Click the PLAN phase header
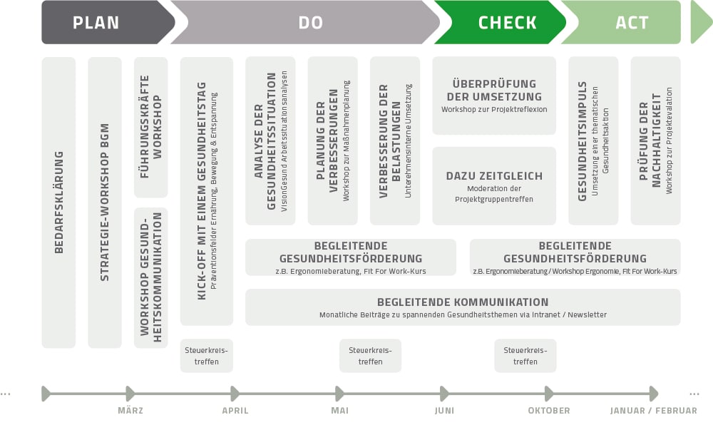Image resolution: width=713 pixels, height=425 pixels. point(96,22)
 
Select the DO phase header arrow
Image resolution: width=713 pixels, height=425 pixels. point(310,22)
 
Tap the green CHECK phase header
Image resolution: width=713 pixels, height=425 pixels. point(507,22)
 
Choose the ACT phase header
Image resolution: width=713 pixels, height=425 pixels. point(631,22)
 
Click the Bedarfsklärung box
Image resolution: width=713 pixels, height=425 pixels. point(58,203)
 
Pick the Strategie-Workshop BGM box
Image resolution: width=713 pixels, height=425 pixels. point(105,203)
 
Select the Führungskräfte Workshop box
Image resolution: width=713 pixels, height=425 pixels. point(150,127)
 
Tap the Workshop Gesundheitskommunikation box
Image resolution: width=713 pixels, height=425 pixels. point(150,277)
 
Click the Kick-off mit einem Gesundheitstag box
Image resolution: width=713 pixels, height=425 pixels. point(206,191)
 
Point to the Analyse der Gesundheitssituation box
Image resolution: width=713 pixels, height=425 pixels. point(270,140)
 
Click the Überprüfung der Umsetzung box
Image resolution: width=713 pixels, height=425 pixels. point(494,96)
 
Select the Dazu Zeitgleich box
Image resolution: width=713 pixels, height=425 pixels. point(494,185)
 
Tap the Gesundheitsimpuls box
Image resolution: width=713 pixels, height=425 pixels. point(593,140)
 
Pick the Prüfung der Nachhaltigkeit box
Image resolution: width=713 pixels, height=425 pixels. point(655,140)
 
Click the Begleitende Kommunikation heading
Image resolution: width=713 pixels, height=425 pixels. point(463,302)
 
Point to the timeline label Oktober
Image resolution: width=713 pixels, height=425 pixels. point(548,411)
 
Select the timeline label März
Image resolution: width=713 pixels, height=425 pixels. point(130,411)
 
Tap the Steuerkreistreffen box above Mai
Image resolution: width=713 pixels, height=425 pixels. point(370,356)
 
